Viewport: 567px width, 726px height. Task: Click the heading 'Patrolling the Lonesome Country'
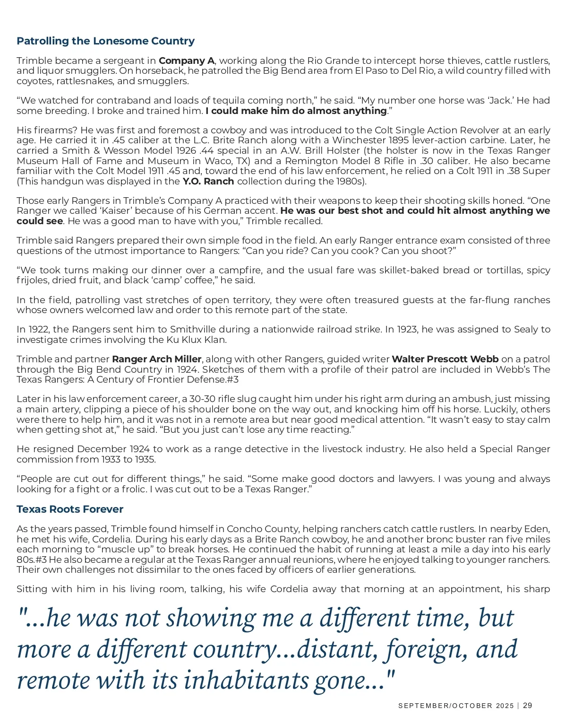tap(105, 41)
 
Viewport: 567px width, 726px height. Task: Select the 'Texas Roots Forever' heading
tap(70, 509)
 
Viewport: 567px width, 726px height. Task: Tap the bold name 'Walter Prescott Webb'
tap(445, 359)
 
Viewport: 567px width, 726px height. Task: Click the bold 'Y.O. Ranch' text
tap(208, 181)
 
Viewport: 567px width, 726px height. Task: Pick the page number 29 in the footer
tap(528, 706)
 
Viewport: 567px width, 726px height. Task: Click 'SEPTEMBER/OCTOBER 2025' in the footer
tap(456, 706)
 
